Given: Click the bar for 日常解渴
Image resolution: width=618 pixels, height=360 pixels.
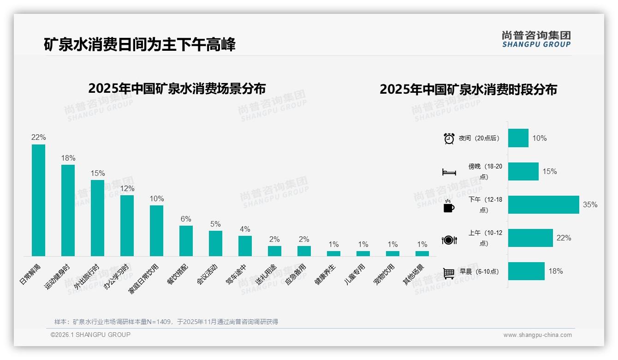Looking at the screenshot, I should [x=38, y=200].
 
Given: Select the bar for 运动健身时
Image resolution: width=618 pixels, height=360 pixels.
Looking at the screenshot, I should [x=68, y=210].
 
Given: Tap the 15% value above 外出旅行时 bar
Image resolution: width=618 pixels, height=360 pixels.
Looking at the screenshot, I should [x=98, y=174].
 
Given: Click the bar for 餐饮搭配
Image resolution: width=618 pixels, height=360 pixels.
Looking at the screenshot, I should [x=186, y=240].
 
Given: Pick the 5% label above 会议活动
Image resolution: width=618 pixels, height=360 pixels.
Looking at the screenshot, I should [x=215, y=224].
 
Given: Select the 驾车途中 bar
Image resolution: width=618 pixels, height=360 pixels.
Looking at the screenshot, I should [x=245, y=246].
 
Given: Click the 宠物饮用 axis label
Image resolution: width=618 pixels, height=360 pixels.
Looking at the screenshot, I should [x=384, y=275].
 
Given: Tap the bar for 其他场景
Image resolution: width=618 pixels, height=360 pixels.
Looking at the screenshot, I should [x=422, y=253].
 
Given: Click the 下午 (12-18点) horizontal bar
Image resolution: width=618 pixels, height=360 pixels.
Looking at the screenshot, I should [x=543, y=204].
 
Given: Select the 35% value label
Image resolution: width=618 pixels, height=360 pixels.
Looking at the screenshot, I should [x=590, y=204].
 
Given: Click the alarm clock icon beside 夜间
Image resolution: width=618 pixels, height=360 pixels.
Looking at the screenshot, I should [x=449, y=138].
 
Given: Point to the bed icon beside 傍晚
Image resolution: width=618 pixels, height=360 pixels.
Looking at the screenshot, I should [x=449, y=172].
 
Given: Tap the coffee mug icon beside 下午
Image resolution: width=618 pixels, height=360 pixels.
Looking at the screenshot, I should [x=449, y=206].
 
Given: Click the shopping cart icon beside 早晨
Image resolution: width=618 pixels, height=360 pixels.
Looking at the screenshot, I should [x=449, y=273].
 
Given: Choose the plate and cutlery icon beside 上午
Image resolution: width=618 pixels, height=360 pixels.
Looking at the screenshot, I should [x=449, y=240].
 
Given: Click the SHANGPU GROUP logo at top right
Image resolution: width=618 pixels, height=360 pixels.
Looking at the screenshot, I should [x=536, y=39].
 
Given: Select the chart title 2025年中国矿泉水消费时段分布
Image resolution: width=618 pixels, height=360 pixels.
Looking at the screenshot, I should [x=468, y=89].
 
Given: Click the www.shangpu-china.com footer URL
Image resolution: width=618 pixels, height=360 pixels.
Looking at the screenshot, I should [x=537, y=335].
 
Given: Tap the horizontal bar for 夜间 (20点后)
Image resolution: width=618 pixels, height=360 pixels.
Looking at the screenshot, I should [x=518, y=138].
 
